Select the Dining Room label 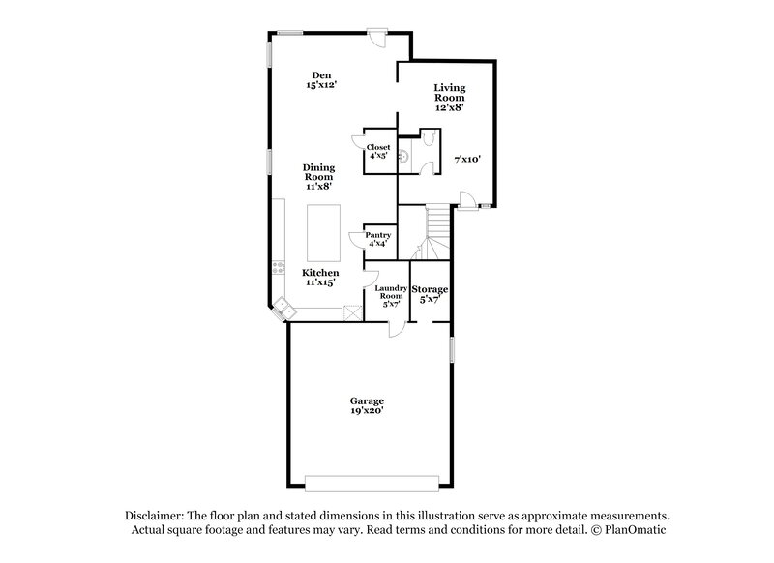click(319, 178)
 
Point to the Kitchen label click(320, 278)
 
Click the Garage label click(368, 405)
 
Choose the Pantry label click(377, 239)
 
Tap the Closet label click(378, 152)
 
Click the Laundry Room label click(392, 296)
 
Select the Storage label click(430, 294)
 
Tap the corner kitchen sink click(283, 309)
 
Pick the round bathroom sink click(405, 152)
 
